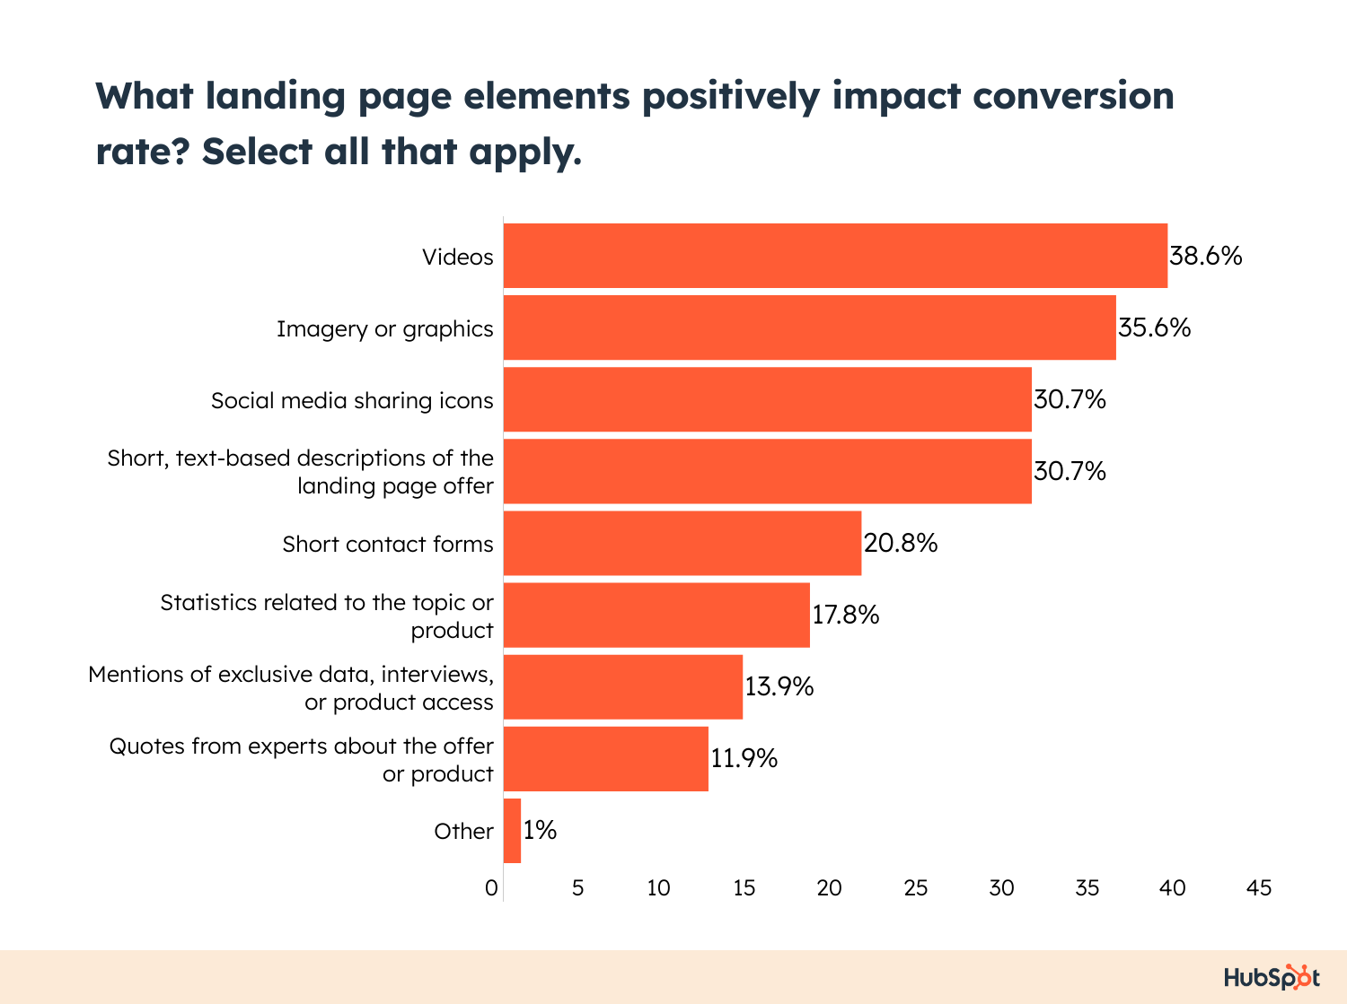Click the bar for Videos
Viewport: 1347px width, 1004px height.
coord(835,256)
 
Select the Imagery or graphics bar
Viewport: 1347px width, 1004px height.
coord(809,327)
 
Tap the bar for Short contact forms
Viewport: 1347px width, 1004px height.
coord(682,543)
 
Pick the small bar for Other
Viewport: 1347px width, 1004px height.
coord(512,831)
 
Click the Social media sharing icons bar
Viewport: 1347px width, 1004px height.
coord(767,399)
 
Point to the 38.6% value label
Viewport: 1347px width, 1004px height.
coord(1205,257)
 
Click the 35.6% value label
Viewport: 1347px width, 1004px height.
coord(1154,328)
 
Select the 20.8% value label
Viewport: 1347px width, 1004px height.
coord(901,544)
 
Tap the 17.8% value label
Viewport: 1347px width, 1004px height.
coord(845,615)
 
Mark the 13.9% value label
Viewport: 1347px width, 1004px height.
coord(779,687)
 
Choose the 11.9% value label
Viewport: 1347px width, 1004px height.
coord(744,759)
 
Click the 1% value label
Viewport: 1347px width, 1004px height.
coord(540,831)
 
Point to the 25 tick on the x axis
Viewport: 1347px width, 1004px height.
coord(915,888)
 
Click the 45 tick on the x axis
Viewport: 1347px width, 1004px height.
coord(1258,888)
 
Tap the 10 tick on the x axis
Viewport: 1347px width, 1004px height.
coord(658,888)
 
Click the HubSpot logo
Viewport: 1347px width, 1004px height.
coord(1272,977)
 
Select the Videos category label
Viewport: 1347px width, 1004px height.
coord(458,258)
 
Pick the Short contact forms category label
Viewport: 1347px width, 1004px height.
coord(388,545)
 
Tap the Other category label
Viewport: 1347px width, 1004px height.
coord(463,832)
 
